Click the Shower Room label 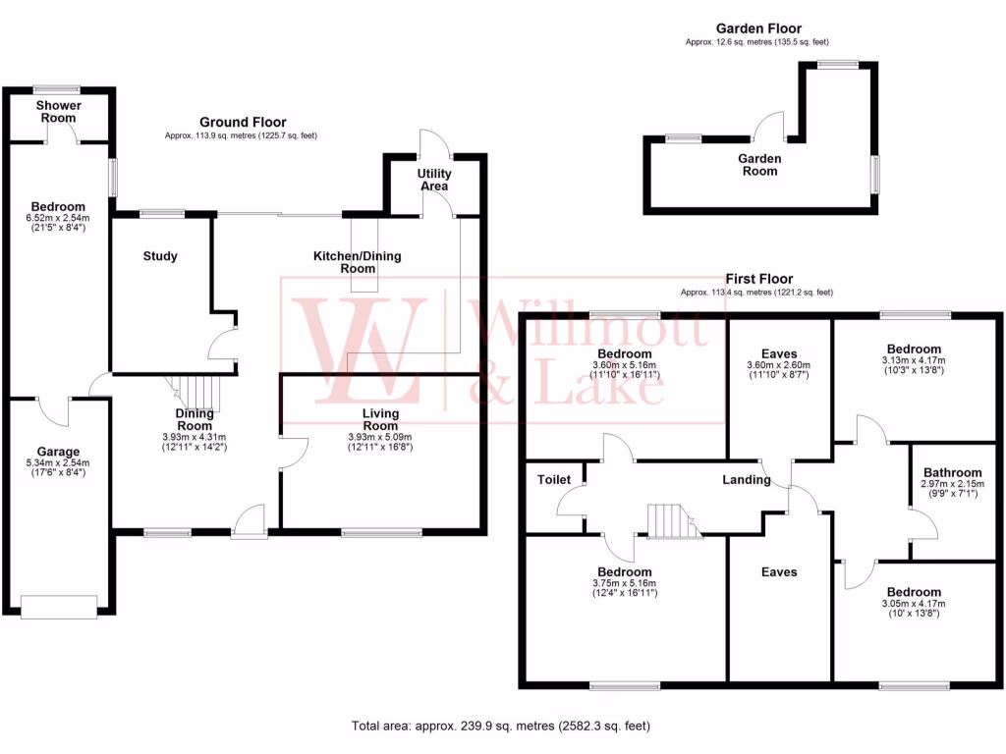(x=59, y=111)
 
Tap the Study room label (x=160, y=256)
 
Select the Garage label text (x=58, y=453)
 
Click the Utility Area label (x=434, y=180)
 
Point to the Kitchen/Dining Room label (x=358, y=262)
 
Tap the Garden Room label (x=759, y=165)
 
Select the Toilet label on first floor (x=554, y=480)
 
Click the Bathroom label (x=950, y=472)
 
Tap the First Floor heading (x=759, y=279)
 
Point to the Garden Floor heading (x=758, y=29)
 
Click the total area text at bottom (x=501, y=727)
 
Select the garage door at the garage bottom (x=59, y=607)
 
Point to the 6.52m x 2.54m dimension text (x=58, y=218)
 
